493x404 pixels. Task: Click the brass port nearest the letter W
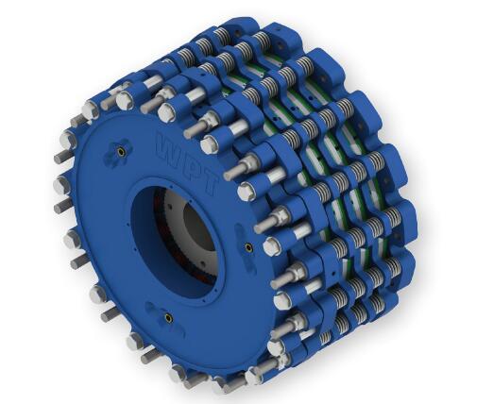121,152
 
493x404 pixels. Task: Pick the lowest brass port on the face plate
169,318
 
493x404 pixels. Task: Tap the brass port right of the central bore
249,247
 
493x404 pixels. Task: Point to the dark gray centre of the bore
197,227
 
